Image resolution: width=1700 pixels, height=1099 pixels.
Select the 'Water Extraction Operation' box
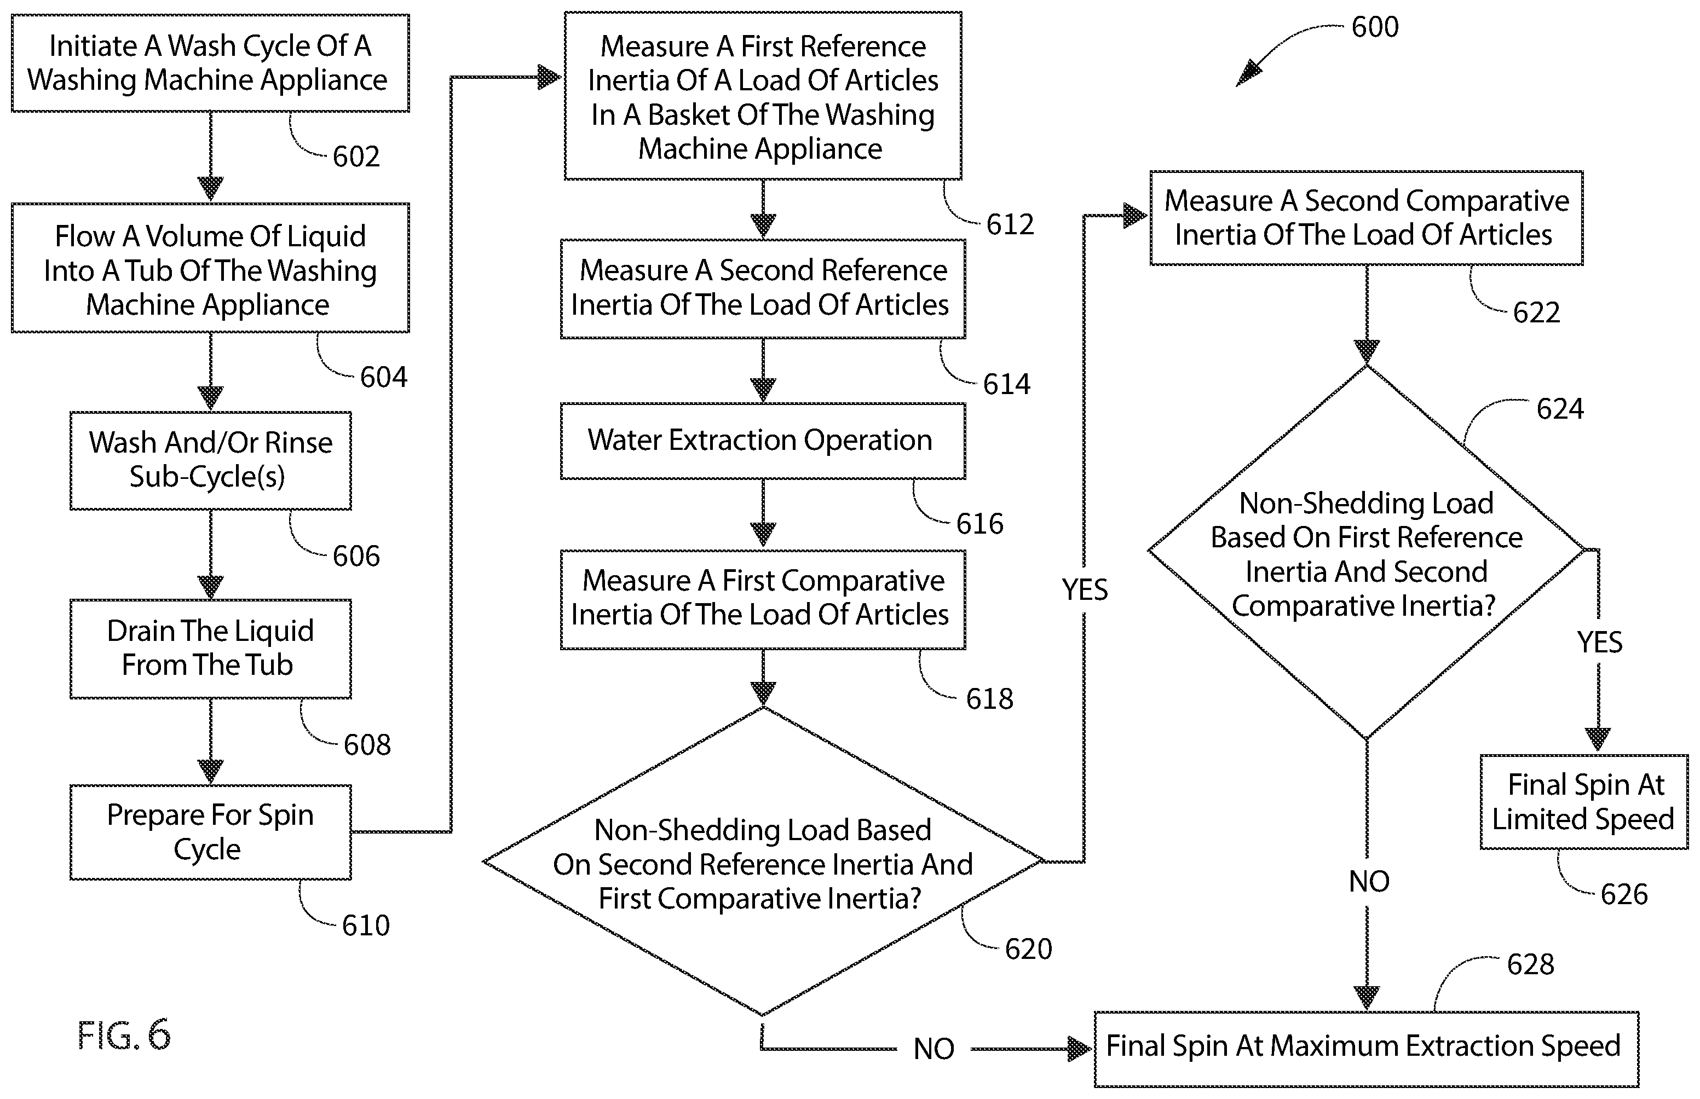point(763,441)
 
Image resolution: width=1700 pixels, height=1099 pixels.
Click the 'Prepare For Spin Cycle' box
point(211,832)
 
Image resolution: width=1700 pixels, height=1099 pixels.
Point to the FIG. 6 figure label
point(124,1035)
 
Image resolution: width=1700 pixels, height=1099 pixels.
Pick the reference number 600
point(1375,27)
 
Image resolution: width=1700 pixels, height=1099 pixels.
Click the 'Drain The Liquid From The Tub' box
point(211,649)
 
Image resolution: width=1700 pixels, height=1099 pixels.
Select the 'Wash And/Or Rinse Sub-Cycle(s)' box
point(211,460)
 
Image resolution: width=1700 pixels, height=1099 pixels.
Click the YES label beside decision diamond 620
point(1085,589)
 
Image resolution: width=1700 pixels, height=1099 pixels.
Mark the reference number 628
point(1530,964)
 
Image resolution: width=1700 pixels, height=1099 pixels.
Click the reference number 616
point(980,524)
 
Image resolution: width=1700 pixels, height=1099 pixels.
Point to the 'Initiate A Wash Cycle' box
point(211,63)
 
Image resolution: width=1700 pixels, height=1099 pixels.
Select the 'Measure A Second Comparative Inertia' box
point(1366,218)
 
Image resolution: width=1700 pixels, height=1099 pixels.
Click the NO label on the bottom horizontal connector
point(933,1049)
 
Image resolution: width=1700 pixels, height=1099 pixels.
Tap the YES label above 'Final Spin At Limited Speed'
point(1599,643)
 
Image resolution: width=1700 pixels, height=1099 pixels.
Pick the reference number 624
point(1560,409)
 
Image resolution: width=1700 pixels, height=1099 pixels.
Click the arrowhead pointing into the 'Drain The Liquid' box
point(211,587)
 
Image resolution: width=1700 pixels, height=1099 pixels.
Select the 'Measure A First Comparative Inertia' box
point(763,599)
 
